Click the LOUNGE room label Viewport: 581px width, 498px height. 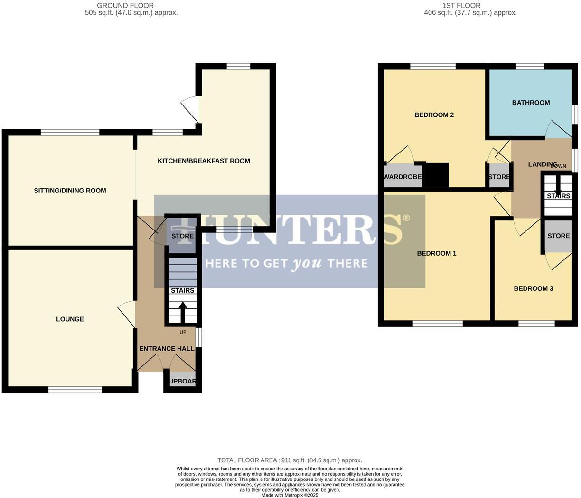(70, 319)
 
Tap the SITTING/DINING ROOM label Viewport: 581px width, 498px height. (70, 191)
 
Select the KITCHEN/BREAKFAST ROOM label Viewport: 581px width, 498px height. (204, 161)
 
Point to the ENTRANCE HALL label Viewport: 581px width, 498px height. (167, 349)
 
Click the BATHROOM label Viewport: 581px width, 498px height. (531, 103)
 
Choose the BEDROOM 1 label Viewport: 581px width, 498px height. (436, 253)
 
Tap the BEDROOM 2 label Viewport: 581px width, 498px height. (434, 115)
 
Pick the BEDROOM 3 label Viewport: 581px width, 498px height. (533, 288)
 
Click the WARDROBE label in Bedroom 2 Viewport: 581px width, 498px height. (403, 177)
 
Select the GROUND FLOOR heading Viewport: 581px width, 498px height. (125, 6)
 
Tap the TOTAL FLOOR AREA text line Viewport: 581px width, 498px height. (290, 460)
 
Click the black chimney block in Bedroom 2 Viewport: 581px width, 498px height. (435, 175)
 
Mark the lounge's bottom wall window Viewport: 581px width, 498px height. (75, 390)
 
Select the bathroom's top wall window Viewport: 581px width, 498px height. (530, 67)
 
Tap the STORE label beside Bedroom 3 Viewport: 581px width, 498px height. (558, 236)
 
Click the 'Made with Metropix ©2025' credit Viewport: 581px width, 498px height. (290, 495)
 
